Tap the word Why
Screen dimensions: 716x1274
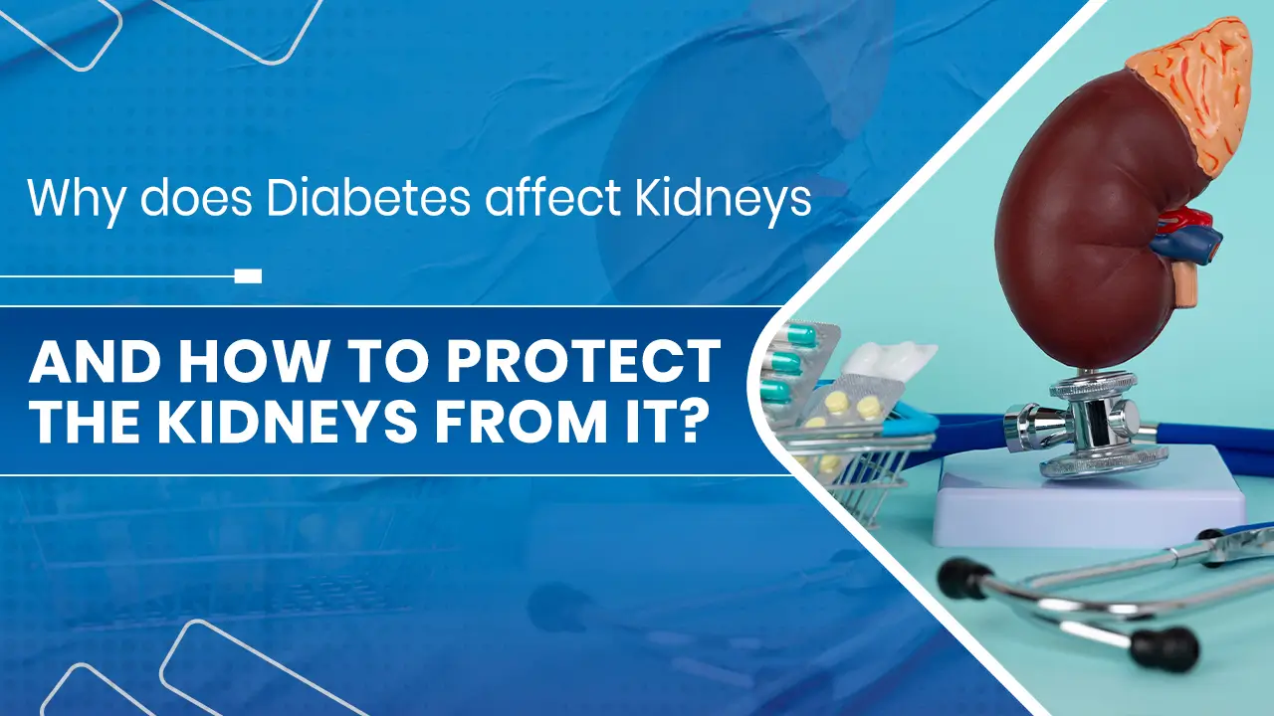click(77, 199)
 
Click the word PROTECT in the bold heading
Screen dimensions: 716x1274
click(581, 364)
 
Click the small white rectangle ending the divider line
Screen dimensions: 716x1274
click(248, 275)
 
